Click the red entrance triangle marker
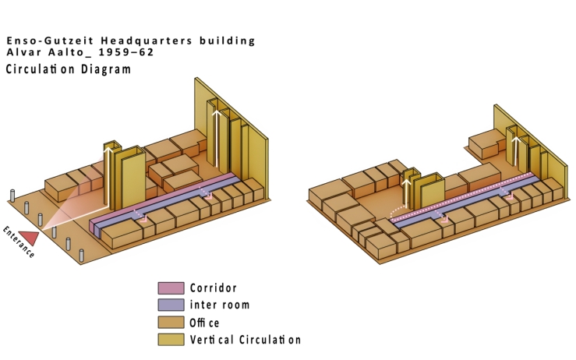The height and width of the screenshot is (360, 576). click(x=30, y=237)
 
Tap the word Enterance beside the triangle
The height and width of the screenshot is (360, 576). click(x=19, y=242)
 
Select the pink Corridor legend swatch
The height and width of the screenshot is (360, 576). click(x=171, y=288)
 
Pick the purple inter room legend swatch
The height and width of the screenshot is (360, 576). click(x=171, y=305)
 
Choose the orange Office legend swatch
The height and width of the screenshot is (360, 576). click(x=171, y=322)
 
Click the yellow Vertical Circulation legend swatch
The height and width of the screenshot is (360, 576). click(x=171, y=340)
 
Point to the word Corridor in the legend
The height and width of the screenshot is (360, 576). click(x=213, y=288)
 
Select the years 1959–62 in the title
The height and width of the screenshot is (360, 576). click(x=125, y=52)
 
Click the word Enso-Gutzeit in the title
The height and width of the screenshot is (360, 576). click(x=50, y=41)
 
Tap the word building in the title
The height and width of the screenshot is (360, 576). click(x=227, y=41)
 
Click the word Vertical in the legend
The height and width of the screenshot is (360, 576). click(x=211, y=340)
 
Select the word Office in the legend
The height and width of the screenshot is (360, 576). click(x=205, y=323)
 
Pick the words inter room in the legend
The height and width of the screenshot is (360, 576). click(x=220, y=305)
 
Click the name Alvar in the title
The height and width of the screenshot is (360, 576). click(x=24, y=52)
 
